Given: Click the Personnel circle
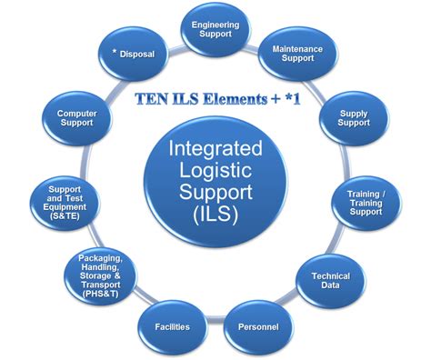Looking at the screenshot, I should pos(257,324).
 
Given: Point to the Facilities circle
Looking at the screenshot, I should pos(171,324).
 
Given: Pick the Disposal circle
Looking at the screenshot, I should pos(135,55).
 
